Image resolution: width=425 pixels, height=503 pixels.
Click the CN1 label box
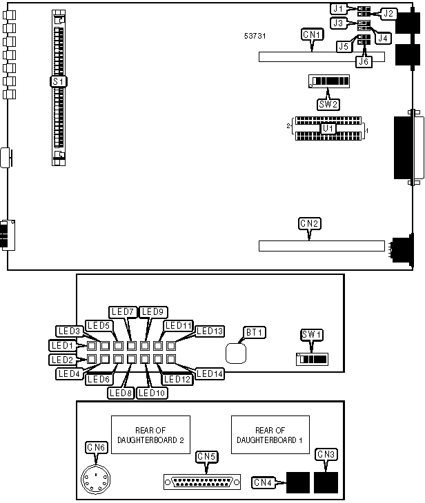[311, 33]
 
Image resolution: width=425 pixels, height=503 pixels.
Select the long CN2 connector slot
[321, 245]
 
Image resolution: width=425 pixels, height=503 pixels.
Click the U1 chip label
[328, 127]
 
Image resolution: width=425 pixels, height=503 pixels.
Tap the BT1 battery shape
[237, 353]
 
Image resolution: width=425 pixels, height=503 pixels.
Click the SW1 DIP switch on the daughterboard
[314, 359]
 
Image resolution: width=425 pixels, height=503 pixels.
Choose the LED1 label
[61, 345]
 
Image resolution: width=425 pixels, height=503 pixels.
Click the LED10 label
[150, 393]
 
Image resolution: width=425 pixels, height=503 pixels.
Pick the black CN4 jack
[297, 482]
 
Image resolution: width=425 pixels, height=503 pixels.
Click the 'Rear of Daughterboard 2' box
[150, 435]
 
